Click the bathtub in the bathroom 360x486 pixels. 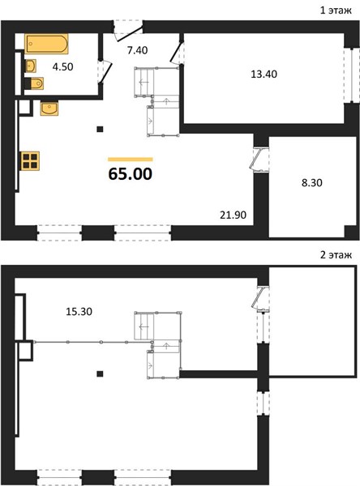coord(46,44)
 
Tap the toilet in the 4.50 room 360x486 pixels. coord(34,83)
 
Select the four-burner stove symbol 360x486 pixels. coord(30,160)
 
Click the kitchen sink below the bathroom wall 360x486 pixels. coord(49,109)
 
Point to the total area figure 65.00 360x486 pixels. coord(131,173)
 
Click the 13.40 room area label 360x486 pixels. coord(264,74)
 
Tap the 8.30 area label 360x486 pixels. coord(312,182)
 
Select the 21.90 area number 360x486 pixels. coord(233,215)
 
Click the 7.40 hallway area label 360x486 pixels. coord(137,50)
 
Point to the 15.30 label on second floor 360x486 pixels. coord(79,311)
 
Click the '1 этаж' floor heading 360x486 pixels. coord(336,11)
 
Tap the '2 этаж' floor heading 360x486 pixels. coord(336,255)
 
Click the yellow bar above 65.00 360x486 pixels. coord(131,160)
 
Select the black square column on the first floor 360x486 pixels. coord(100,129)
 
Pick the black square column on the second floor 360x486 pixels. coord(100,373)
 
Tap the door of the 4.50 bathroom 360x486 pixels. coord(105,71)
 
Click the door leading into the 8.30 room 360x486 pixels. coord(260,160)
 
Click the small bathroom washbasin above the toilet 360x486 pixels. coord(31,66)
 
